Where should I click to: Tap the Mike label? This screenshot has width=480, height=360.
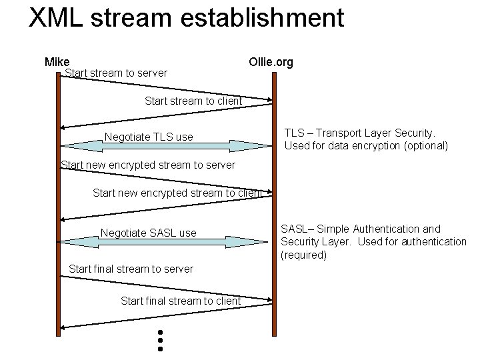pyautogui.click(x=57, y=62)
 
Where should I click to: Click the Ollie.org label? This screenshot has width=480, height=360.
pyautogui.click(x=271, y=63)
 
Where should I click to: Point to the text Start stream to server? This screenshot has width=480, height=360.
pyautogui.click(x=116, y=73)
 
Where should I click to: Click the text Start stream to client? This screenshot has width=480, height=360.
pyautogui.click(x=193, y=101)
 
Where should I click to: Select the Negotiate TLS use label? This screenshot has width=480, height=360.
pyautogui.click(x=149, y=137)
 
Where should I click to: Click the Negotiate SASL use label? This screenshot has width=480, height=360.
pyautogui.click(x=148, y=233)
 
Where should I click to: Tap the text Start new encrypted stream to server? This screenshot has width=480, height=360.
pyautogui.click(x=148, y=165)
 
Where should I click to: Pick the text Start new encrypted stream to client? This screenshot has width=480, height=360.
pyautogui.click(x=177, y=193)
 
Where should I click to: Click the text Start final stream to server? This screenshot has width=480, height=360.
pyautogui.click(x=131, y=269)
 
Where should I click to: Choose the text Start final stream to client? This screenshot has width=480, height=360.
pyautogui.click(x=181, y=301)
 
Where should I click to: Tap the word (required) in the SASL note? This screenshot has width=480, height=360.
pyautogui.click(x=303, y=255)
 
